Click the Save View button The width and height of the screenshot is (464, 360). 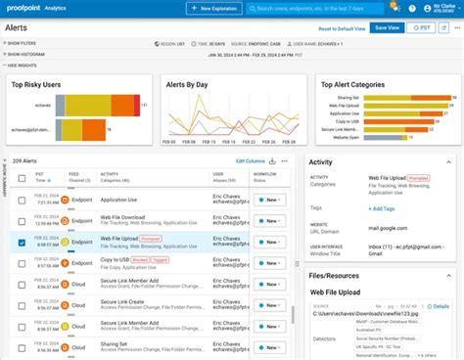point(386,28)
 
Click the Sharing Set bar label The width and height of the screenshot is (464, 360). point(347,98)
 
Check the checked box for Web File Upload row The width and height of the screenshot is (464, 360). point(23,240)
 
